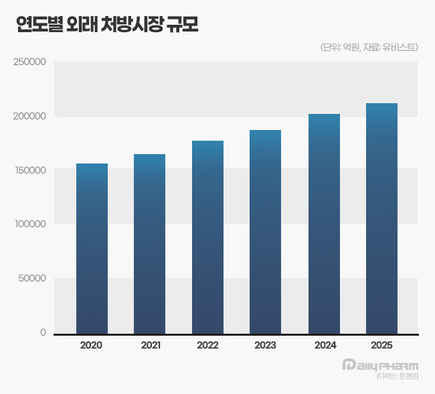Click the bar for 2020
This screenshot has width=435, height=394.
coord(92,248)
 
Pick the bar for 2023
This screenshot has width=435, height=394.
coord(265,231)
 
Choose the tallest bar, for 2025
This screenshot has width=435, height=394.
coord(381,218)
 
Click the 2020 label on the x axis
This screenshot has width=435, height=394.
coord(91,346)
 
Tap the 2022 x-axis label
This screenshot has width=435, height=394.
coord(207,346)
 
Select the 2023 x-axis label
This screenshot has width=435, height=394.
coord(265,346)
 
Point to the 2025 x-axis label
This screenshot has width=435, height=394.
coord(381,346)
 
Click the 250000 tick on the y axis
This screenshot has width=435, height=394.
coord(29,62)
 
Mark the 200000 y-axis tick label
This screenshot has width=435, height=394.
coord(29,117)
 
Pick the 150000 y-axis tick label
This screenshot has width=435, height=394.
coord(29,170)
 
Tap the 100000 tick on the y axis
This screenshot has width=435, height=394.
coord(29,224)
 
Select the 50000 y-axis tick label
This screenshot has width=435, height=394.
coord(31,279)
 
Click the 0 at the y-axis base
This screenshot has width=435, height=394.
coord(43,332)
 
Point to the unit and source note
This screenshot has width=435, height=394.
coord(369,47)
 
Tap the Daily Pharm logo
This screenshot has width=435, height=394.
coord(379,366)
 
